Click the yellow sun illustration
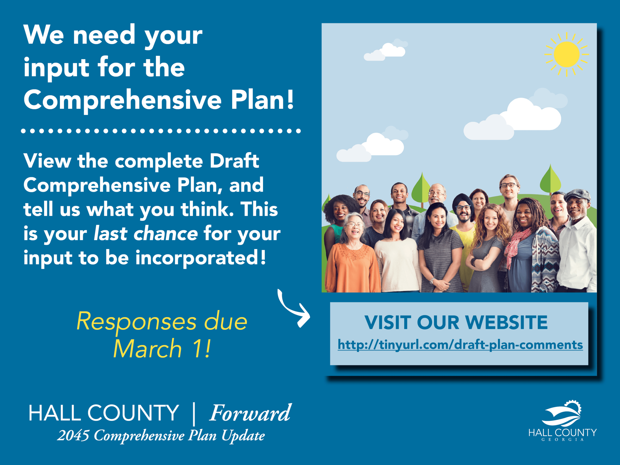pyautogui.click(x=566, y=54)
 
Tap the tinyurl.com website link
pyautogui.click(x=460, y=344)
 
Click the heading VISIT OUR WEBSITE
pyautogui.click(x=456, y=322)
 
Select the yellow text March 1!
pyautogui.click(x=162, y=349)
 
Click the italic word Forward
pyautogui.click(x=250, y=413)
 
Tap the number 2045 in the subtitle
pyautogui.click(x=73, y=435)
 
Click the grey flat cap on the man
pyautogui.click(x=577, y=195)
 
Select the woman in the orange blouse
pyautogui.click(x=353, y=252)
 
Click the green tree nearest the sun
pyautogui.click(x=550, y=179)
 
